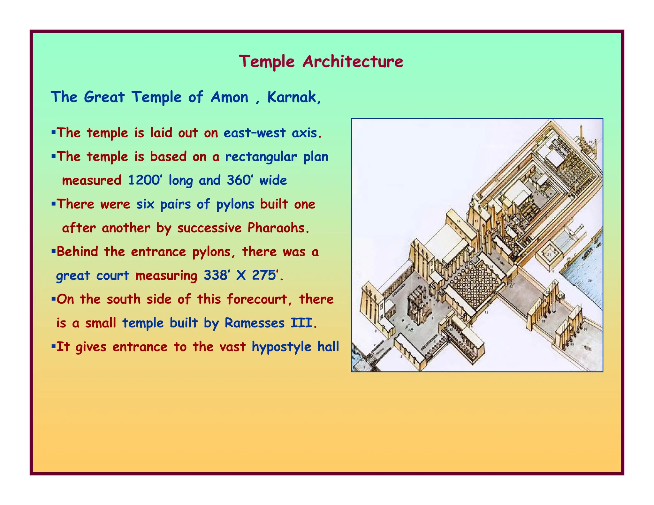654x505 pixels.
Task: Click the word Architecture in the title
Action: tap(353, 61)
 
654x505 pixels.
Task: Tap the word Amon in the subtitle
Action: tap(229, 97)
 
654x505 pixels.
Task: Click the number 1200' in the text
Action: tap(144, 180)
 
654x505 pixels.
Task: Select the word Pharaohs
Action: tap(278, 228)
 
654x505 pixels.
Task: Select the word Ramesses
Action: tap(254, 323)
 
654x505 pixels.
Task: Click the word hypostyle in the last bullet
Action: tap(281, 347)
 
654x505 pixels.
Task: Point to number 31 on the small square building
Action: tap(549, 255)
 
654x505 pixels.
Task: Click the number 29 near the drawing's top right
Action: tap(590, 142)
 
